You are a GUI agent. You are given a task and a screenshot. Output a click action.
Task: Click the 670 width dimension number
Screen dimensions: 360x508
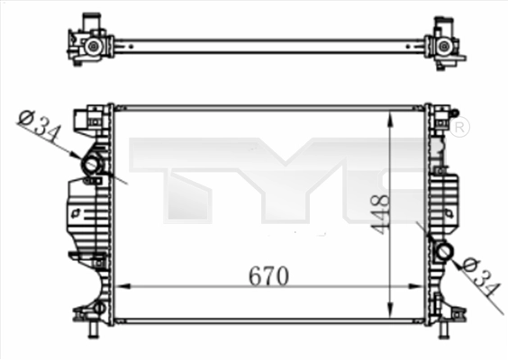(268, 275)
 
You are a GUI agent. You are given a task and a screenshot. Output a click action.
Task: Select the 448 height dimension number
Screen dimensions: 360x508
(379, 214)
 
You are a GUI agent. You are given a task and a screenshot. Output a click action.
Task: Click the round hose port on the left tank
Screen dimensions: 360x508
(91, 166)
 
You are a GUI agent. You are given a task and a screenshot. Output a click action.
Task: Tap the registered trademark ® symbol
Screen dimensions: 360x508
(458, 129)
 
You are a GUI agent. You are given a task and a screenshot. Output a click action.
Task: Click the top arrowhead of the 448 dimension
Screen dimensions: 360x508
(389, 117)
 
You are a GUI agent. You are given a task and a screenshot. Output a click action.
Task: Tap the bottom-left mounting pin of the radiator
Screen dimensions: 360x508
(94, 330)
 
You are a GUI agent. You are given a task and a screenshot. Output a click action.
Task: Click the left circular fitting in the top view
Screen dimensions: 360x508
(92, 44)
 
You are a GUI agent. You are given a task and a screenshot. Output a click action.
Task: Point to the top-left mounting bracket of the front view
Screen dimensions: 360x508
(91, 115)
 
